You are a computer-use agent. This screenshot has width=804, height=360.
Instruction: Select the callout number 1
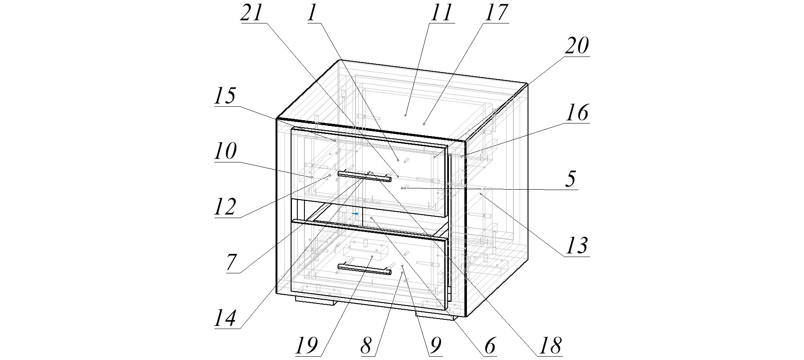[x=312, y=13]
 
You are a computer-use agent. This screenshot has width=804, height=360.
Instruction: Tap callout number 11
[x=441, y=13]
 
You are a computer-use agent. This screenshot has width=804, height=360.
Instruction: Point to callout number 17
[x=496, y=13]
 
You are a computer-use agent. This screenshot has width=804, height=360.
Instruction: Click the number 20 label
[x=577, y=46]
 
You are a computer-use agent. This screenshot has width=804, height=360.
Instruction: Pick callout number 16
[x=577, y=113]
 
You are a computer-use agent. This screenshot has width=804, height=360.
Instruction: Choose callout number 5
[x=570, y=179]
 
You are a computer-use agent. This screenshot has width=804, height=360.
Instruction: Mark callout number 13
[x=577, y=246]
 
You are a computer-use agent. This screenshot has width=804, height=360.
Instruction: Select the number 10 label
[x=226, y=152]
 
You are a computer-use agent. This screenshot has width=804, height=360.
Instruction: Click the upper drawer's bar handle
[x=364, y=176]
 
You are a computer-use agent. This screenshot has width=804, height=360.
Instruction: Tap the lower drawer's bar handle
[x=364, y=269]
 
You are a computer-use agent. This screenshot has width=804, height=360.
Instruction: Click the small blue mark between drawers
[x=356, y=213]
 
